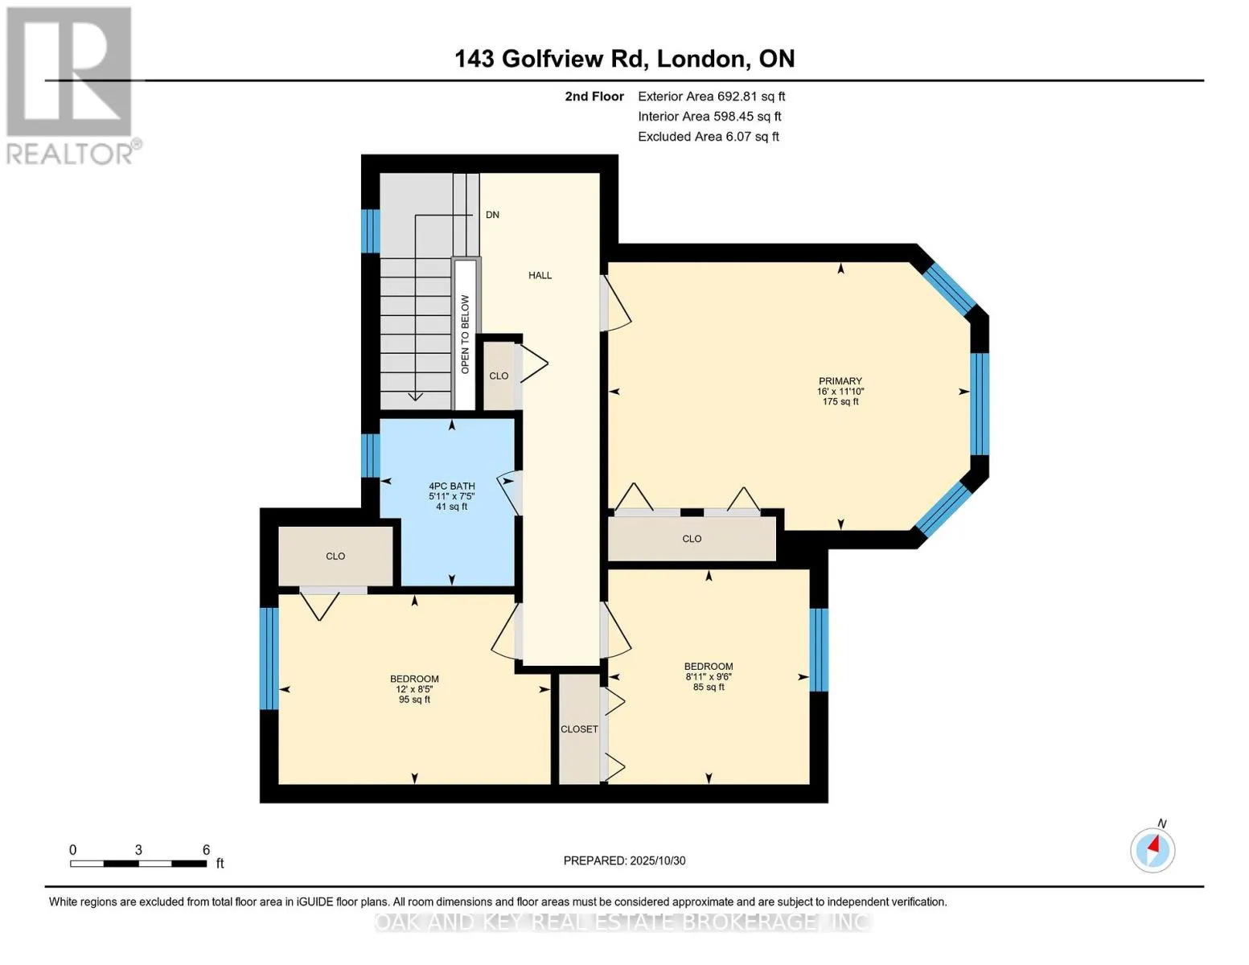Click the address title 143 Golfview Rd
point(624,59)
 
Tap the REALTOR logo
point(71,85)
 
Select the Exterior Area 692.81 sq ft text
point(711,96)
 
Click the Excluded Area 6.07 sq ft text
point(708,137)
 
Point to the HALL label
point(540,275)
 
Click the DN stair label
point(492,215)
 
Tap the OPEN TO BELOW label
point(465,334)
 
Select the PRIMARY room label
point(840,381)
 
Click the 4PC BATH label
point(451,486)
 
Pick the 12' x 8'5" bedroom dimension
point(414,689)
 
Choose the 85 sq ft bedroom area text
point(709,688)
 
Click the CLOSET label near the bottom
point(579,729)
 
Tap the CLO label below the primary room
point(692,539)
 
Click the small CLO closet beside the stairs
point(499,376)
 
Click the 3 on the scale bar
point(138,850)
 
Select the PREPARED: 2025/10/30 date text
point(624,860)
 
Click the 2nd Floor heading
point(594,96)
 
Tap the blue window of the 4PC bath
point(370,455)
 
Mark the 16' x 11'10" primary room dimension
point(840,392)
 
